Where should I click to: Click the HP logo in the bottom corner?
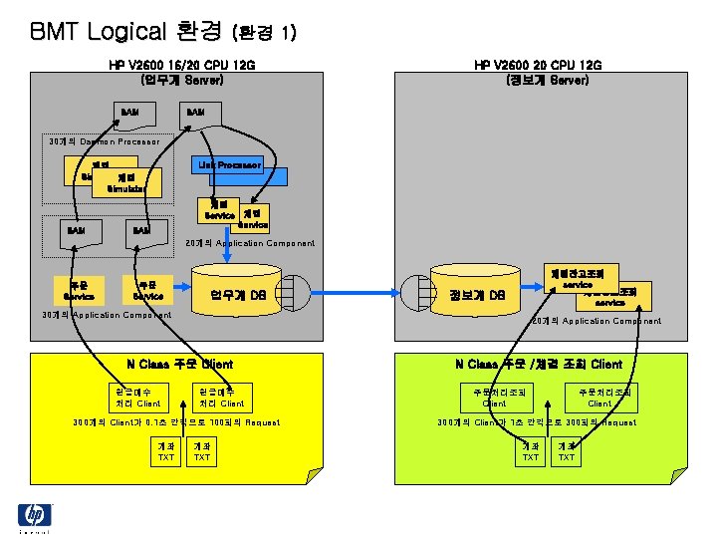tap(35, 515)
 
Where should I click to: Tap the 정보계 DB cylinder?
tap(478, 294)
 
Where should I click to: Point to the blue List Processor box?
tap(229, 164)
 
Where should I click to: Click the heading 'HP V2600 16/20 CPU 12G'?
tap(182, 65)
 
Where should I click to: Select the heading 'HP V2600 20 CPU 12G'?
tap(539, 65)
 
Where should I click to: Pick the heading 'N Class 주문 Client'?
tap(179, 364)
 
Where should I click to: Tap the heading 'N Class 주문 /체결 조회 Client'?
tap(539, 364)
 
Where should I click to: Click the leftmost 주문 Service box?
tap(78, 289)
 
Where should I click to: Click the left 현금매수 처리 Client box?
tap(136, 397)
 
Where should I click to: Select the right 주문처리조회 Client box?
tap(599, 397)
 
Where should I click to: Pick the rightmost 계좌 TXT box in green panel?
tap(567, 451)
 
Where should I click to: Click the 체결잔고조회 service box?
tap(583, 276)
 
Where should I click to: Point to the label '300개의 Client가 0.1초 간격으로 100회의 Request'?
tap(176, 422)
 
